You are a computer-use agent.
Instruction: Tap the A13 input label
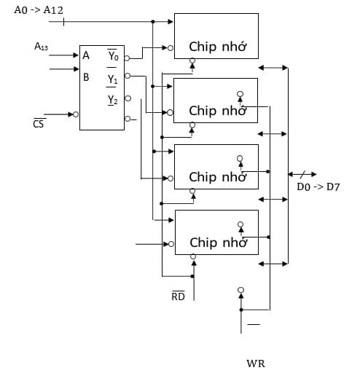(x=42, y=47)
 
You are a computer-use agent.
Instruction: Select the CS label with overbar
(x=38, y=125)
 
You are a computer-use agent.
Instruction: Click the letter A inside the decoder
(x=87, y=56)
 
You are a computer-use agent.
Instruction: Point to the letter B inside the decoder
(x=87, y=76)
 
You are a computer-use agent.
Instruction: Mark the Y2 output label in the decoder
(x=112, y=100)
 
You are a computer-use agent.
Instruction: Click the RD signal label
(x=178, y=296)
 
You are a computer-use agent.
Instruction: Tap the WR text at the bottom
(x=256, y=362)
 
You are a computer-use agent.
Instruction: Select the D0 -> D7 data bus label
(x=318, y=187)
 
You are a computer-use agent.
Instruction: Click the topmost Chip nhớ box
(x=216, y=36)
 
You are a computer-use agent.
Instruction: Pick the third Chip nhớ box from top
(x=216, y=167)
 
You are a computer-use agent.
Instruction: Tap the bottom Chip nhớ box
(x=216, y=232)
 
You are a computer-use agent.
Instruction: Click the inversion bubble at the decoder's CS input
(x=76, y=114)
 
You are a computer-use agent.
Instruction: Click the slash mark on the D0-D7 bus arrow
(x=300, y=175)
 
